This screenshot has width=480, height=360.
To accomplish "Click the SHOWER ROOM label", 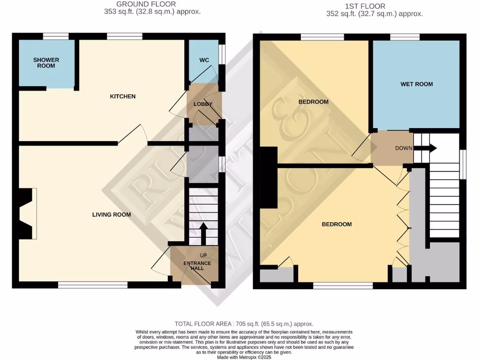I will (46, 63).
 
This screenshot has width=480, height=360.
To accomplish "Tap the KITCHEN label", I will (122, 97).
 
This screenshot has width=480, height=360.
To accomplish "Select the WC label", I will (204, 60).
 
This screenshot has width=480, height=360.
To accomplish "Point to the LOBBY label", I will (203, 104).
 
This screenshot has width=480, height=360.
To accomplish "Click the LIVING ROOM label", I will (111, 215).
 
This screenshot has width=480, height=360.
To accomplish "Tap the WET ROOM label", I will (416, 84).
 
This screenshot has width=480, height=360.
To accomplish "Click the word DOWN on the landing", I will (404, 149).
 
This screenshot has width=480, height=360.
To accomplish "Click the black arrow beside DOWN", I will (425, 149).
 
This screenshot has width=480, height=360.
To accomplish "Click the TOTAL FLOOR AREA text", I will (244, 324).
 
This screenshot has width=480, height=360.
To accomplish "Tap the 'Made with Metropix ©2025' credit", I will (244, 356).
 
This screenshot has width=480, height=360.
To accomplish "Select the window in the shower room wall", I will (56, 36).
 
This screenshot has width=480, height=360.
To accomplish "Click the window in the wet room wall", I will (405, 36).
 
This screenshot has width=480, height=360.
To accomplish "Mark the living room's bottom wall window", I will (93, 285).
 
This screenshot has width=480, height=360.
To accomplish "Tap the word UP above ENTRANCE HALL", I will (203, 255).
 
